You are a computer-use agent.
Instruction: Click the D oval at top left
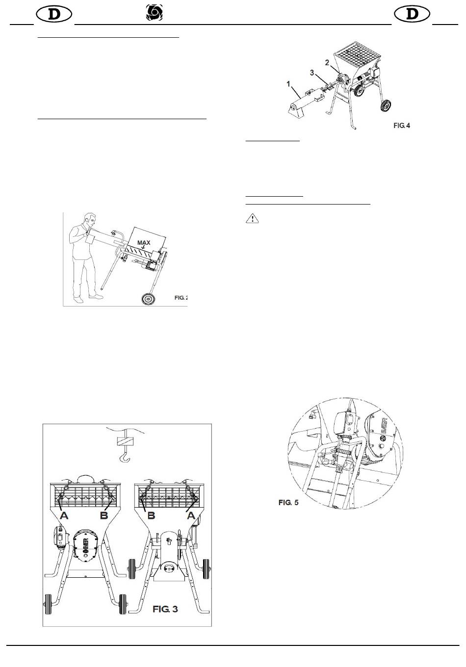[54, 14]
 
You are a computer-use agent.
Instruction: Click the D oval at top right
[412, 14]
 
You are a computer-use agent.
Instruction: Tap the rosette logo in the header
[155, 13]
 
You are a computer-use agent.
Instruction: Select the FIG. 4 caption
[401, 126]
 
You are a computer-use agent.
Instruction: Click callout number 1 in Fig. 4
[288, 84]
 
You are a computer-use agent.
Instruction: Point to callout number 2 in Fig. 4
[327, 63]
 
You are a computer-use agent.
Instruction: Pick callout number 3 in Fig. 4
[312, 73]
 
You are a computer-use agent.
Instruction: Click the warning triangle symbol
[252, 219]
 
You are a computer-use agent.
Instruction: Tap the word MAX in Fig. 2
[144, 243]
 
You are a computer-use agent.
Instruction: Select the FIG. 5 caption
[288, 502]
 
